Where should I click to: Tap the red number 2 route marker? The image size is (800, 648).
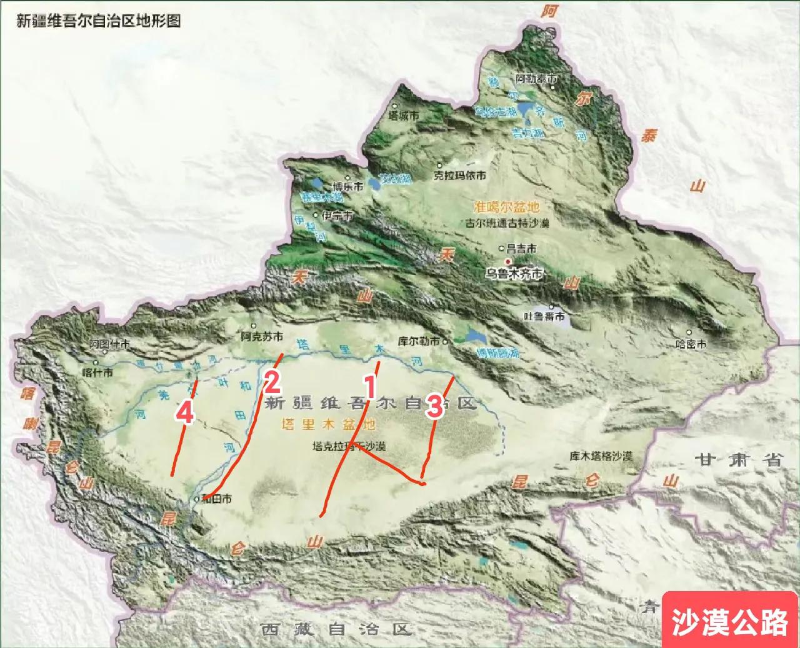(272, 382)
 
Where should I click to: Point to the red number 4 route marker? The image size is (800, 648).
(184, 412)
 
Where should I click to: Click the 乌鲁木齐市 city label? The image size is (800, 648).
(515, 274)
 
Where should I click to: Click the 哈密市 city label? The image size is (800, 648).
(692, 344)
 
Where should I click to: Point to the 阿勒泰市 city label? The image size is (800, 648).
(536, 79)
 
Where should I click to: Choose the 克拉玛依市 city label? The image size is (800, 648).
(459, 176)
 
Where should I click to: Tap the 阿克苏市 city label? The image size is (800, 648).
(261, 337)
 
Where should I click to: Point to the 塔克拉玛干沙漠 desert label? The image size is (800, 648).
(349, 447)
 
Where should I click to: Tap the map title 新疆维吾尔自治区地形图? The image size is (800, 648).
(98, 21)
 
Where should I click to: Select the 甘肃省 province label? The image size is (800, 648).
(738, 461)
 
